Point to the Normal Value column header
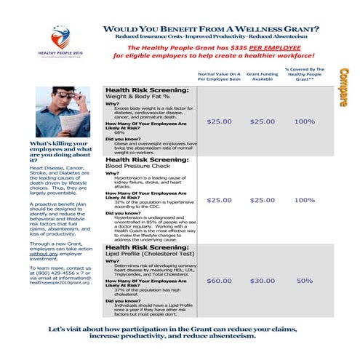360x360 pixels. pyautogui.click(x=218, y=76)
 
